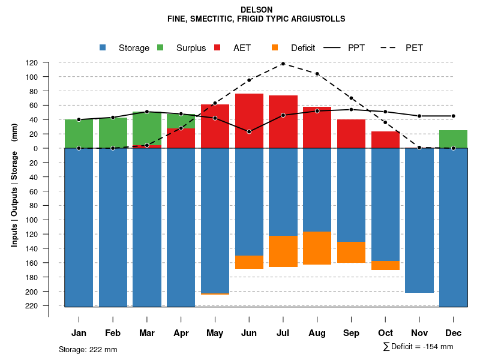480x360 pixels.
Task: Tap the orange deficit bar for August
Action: click(317, 248)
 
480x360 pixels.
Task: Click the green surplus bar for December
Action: click(453, 139)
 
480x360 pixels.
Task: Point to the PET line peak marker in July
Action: click(283, 64)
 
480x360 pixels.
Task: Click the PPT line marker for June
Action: click(249, 131)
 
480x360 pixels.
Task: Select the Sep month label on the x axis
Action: click(352, 333)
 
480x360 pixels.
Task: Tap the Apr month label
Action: click(181, 333)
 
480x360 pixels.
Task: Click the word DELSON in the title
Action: click(256, 10)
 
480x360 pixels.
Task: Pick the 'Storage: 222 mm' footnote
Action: click(88, 349)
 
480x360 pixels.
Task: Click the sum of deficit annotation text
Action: click(418, 347)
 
